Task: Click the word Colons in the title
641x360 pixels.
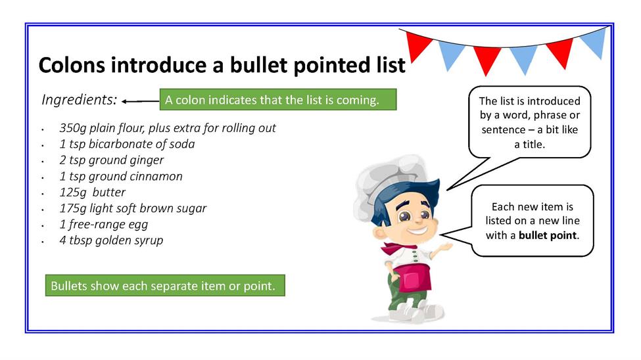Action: tap(72, 65)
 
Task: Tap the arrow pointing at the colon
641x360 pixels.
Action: tap(141, 101)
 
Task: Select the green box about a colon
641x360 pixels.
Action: tap(278, 100)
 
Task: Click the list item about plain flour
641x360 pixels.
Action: tap(168, 128)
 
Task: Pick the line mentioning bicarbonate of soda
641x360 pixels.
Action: tap(127, 145)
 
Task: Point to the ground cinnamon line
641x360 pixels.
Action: tap(121, 177)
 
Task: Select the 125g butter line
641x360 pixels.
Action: tap(93, 192)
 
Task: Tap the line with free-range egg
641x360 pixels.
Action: tap(104, 225)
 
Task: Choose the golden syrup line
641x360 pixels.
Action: tap(111, 240)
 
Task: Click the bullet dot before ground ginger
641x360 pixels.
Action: tap(43, 162)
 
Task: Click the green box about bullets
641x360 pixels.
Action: tap(165, 286)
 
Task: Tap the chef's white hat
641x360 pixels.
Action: tap(389, 180)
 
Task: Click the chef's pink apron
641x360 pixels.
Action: tap(414, 279)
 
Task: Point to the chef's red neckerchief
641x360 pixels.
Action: tap(396, 248)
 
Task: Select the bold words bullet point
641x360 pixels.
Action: tap(548, 236)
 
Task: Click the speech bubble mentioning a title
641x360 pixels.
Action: tap(530, 122)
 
